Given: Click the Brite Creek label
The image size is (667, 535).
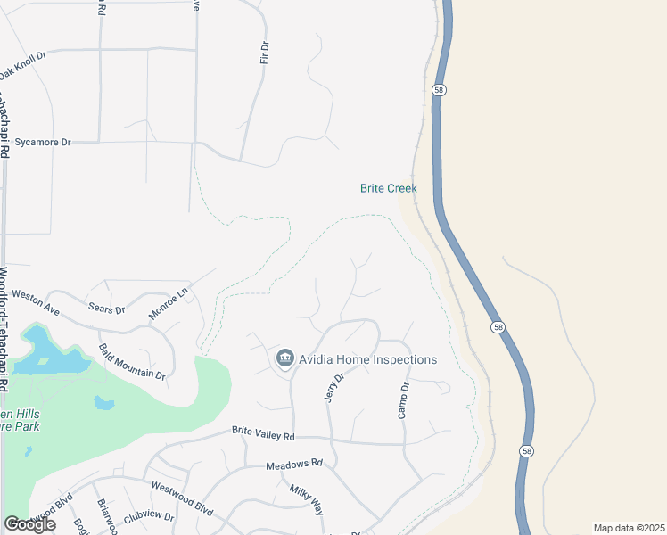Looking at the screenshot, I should point(388,188).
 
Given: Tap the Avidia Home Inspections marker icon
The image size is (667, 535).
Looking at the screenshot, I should point(285,358).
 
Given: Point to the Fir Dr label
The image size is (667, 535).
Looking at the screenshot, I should point(264,52).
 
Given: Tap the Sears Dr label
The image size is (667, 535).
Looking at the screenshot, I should point(106,309).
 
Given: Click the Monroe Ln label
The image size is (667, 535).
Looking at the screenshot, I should point(169,303).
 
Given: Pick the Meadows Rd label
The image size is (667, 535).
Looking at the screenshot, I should point(293,465).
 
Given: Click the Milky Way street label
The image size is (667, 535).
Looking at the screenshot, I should point(306,500).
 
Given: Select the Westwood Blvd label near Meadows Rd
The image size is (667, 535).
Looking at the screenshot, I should point(182,498).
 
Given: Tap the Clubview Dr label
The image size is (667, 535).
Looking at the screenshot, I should point(149,516).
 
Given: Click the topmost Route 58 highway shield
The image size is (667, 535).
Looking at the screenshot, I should point(439,90).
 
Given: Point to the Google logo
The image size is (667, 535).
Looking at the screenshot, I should point(29,524).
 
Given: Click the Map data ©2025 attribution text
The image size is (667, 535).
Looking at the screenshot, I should point(629,528).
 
